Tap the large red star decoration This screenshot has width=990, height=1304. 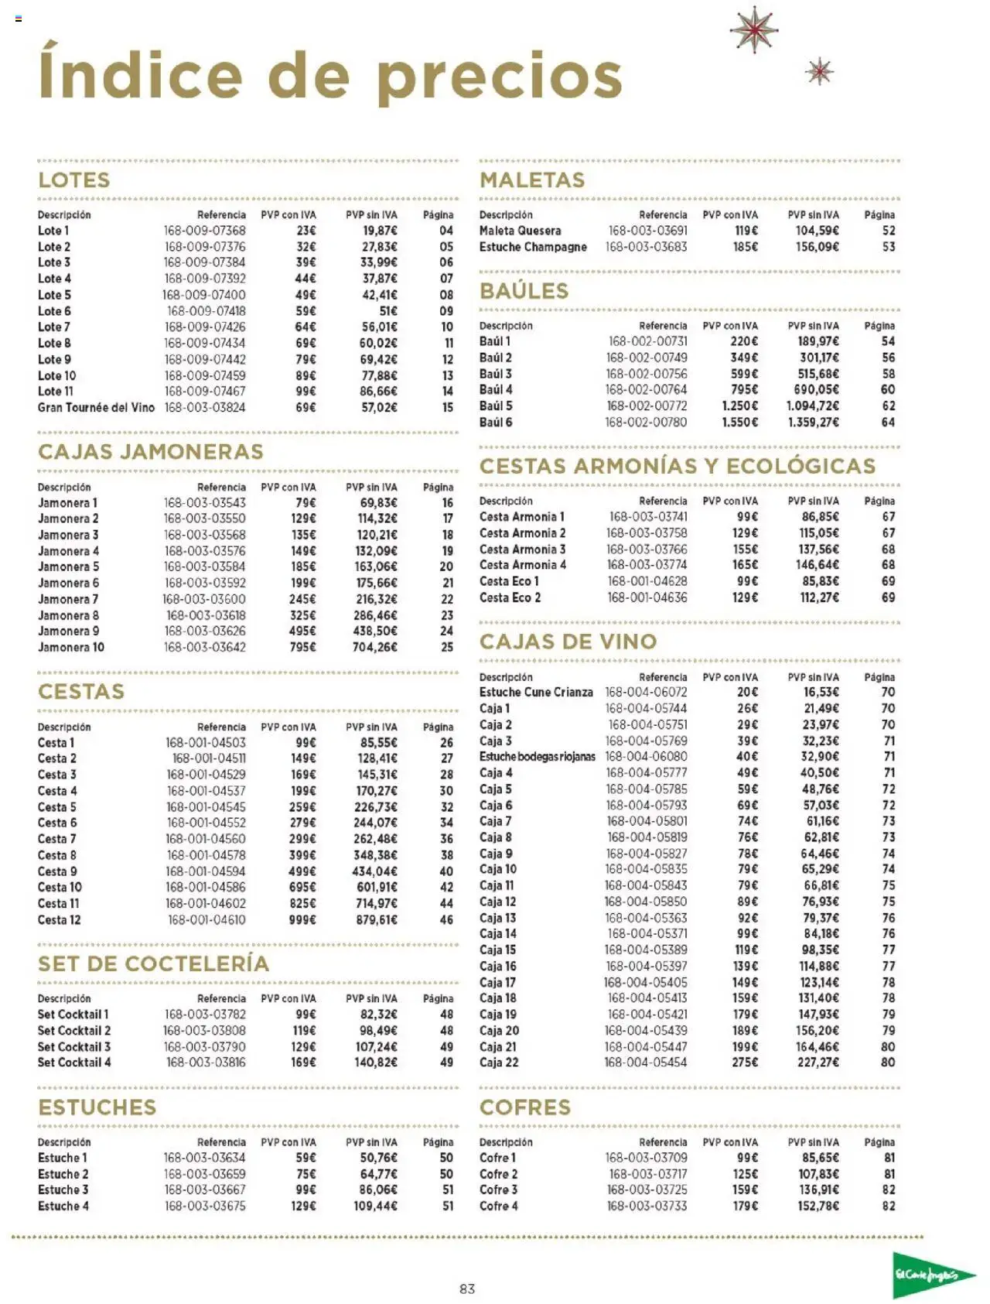click(x=753, y=29)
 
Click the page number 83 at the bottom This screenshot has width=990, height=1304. click(x=467, y=1289)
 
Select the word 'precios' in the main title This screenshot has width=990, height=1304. click(x=500, y=77)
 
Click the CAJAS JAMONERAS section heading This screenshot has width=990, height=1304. click(x=151, y=452)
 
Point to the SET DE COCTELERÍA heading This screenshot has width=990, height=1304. click(x=154, y=963)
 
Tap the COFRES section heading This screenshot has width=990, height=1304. click(x=525, y=1107)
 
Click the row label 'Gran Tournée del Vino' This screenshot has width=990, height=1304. click(x=96, y=407)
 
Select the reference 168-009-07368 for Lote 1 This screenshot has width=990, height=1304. click(x=204, y=231)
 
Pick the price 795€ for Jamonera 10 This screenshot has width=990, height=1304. click(x=302, y=647)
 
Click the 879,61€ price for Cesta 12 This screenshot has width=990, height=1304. click(x=377, y=919)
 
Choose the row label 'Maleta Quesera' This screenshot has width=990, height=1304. click(x=520, y=231)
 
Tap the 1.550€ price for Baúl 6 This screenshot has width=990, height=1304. click(x=739, y=422)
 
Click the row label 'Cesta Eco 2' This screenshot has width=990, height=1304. click(x=510, y=597)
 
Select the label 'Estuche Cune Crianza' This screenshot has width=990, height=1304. click(x=536, y=692)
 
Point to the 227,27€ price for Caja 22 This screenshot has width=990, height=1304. click(x=818, y=1063)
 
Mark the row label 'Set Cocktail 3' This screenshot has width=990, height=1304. click(x=74, y=1046)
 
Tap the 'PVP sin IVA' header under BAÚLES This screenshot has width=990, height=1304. click(x=813, y=326)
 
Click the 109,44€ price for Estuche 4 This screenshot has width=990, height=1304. click(x=375, y=1206)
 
